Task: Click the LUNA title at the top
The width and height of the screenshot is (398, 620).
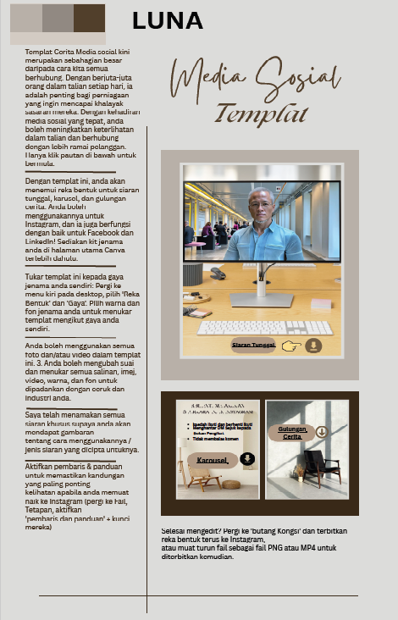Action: pos(167,21)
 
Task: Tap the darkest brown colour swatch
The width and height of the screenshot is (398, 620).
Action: pos(89,18)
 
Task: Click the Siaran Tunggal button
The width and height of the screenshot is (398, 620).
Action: pos(253,346)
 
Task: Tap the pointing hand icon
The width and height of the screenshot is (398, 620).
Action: pos(290,346)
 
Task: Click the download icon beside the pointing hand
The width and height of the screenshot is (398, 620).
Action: pos(314,346)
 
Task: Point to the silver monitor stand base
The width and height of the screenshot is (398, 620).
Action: pos(261,299)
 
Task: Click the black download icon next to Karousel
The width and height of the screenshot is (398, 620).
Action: pos(247,459)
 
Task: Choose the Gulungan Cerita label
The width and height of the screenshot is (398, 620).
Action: pos(292,433)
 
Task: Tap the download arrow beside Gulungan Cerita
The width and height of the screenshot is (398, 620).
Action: pos(322,432)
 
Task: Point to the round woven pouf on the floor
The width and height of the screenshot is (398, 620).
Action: pos(230,484)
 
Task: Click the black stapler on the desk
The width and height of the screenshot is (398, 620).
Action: pos(218,273)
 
